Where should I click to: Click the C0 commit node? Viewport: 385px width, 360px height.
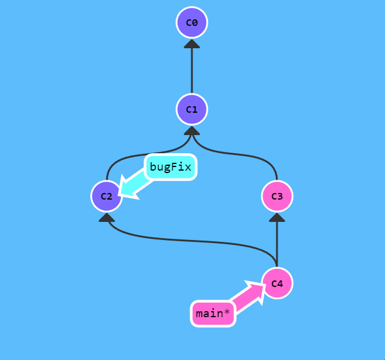pos(192,23)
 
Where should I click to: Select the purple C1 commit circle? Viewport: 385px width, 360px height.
pos(192,109)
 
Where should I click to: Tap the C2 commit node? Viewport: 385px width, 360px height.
pos(107,196)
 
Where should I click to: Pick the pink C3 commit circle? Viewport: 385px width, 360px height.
pos(277,196)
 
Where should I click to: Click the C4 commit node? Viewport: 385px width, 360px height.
pos(277,283)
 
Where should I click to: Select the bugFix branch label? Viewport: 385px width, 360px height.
pos(171,168)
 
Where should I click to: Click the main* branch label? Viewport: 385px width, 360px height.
pos(212,314)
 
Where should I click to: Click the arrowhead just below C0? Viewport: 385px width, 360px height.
pos(192,43)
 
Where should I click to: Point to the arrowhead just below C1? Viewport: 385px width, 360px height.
pos(192,130)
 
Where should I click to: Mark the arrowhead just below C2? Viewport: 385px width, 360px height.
pos(107,217)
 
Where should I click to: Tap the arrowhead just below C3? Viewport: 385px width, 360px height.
pos(277,217)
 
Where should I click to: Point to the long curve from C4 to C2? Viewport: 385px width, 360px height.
pos(193,240)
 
